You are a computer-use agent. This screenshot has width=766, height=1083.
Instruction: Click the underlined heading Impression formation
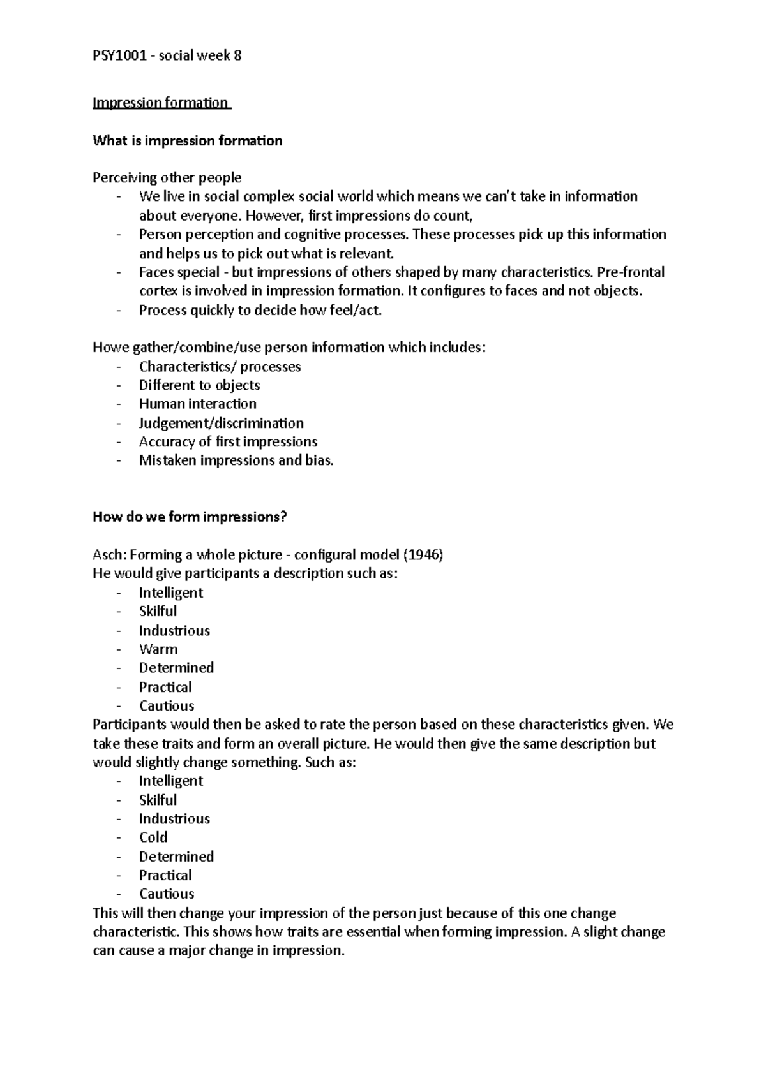point(161,103)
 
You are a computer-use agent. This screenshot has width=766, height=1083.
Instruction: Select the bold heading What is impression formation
point(187,140)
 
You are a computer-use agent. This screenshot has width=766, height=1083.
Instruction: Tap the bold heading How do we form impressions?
point(190,517)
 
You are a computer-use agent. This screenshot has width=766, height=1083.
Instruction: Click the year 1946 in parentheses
point(424,554)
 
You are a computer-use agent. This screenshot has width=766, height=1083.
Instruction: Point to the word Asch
point(107,554)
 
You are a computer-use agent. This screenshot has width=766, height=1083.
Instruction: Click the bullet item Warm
point(158,649)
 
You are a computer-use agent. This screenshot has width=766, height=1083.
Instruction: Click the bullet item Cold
point(153,837)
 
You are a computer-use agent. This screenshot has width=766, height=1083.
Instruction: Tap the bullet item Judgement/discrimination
point(221,423)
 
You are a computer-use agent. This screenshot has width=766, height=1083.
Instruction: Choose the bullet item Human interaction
point(197,404)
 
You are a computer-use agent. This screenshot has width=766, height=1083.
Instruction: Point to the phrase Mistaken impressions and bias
point(236,460)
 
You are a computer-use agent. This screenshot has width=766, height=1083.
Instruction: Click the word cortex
point(158,291)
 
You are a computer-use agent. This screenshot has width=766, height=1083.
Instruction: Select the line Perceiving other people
point(167,177)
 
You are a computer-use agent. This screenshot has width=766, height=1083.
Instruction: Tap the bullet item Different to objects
point(199,385)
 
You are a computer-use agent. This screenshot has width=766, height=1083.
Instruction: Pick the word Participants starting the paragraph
point(130,725)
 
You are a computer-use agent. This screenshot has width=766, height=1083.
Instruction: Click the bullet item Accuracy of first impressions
point(228,441)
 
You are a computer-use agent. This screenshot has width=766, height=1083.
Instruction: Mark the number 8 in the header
point(238,55)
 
